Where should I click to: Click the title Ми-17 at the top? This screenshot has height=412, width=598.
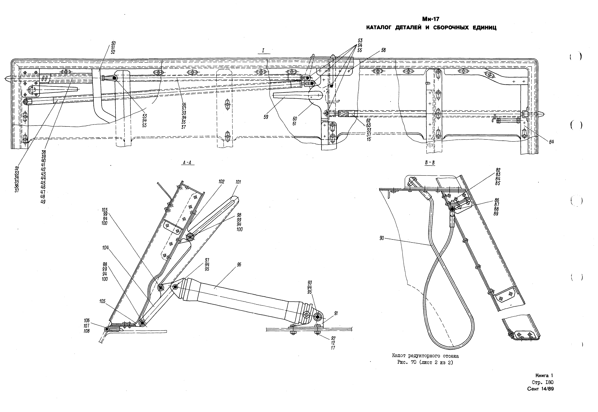tap(431, 19)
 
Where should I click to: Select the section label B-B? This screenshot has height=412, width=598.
tap(430, 163)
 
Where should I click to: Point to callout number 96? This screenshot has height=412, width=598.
tap(239, 265)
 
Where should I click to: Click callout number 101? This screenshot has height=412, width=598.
tap(238, 182)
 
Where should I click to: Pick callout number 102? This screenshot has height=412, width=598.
tap(221, 182)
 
